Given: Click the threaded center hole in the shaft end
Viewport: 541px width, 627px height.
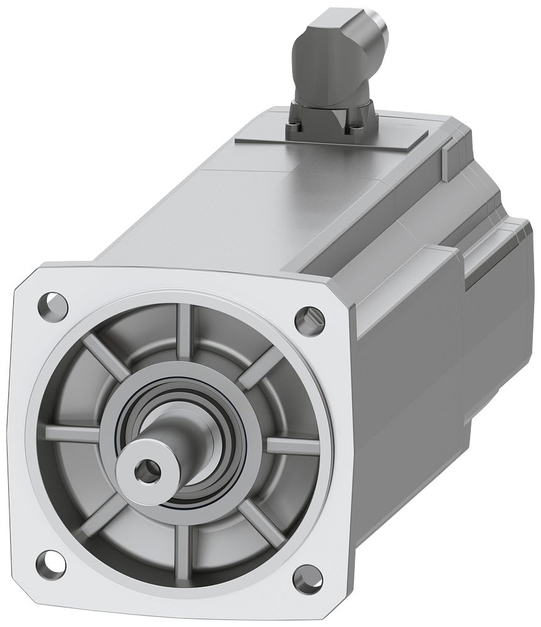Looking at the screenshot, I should [x=148, y=466].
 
